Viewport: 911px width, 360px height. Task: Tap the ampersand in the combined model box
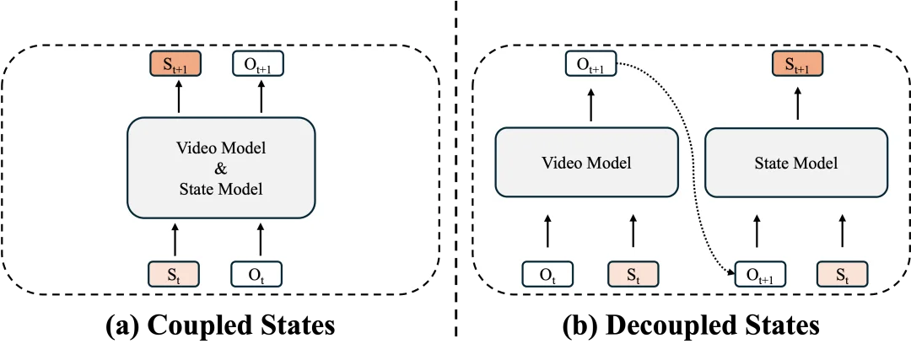pos(221,169)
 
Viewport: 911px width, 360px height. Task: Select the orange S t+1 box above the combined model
pos(175,64)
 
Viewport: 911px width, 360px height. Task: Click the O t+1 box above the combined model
pos(256,64)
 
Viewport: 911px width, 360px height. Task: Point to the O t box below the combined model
pos(256,273)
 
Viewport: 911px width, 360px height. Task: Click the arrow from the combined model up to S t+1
pos(178,99)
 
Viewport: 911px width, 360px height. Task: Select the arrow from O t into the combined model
pos(260,239)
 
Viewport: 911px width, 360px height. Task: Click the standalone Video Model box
pos(586,162)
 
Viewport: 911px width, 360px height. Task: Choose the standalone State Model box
pos(795,162)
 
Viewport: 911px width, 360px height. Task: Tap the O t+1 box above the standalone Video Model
pos(589,64)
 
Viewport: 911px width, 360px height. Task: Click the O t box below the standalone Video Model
pos(547,273)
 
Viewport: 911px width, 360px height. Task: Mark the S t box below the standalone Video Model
pos(632,273)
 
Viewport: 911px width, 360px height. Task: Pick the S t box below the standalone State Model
pos(841,273)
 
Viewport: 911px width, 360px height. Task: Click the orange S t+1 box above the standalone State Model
pos(796,64)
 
